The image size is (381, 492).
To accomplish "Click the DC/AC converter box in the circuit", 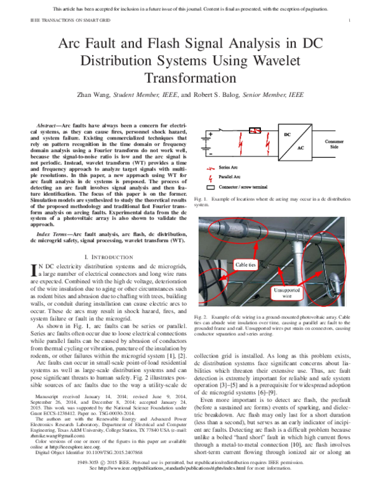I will pyautogui.click(x=296, y=143).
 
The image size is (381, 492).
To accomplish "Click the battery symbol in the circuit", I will pyautogui.click(x=208, y=144).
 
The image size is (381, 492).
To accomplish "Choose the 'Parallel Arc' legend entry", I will pyautogui.click(x=236, y=179).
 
